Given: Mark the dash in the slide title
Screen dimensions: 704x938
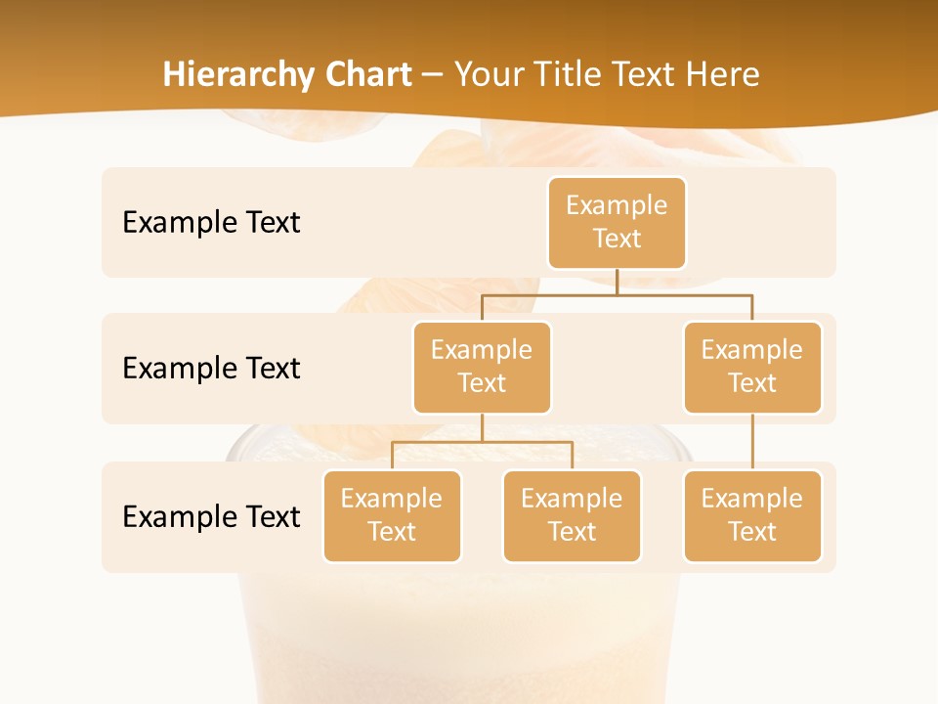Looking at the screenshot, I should point(433,75).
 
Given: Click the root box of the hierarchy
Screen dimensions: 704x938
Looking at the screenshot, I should point(617,222).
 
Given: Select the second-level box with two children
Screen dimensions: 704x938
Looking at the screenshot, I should point(482,367).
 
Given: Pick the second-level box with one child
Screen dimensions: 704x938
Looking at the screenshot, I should point(752,367).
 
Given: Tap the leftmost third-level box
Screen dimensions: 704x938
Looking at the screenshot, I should point(392,515).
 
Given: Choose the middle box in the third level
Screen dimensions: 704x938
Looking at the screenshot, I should point(572,515).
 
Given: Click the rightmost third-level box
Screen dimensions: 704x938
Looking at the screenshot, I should point(752,515).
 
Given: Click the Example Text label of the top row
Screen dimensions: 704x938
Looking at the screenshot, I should point(211,222).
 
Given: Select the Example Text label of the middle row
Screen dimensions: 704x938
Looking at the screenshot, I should point(211,368).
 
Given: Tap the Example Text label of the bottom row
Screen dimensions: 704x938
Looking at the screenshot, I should point(211,516).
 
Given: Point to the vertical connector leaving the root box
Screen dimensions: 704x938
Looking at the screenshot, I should point(617,281).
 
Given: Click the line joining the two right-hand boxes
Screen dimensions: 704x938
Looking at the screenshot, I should point(752,441).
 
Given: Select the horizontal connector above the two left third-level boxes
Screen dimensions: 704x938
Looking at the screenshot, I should point(482,442).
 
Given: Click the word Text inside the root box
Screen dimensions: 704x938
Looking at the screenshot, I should point(617,239).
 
